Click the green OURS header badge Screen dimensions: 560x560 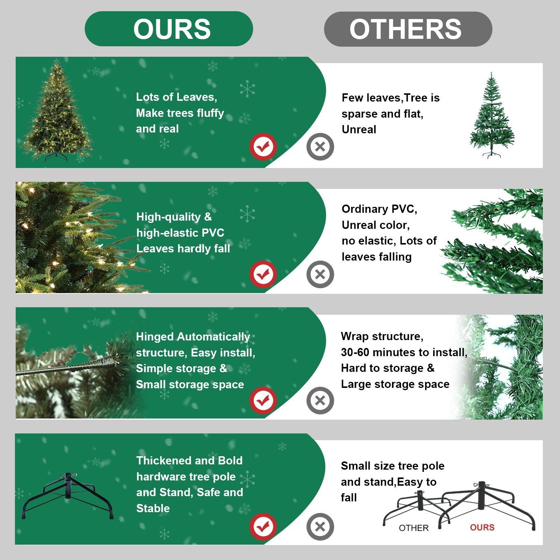[169, 29]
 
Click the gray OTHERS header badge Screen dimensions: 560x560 [408, 29]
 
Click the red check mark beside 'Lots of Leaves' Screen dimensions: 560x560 [263, 147]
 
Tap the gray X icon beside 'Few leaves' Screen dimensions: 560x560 [320, 147]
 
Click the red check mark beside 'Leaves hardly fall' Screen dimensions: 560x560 [263, 274]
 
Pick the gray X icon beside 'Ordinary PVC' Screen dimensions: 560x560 [320, 274]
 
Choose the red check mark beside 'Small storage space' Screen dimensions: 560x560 [263, 401]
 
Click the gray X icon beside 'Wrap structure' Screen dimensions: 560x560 [320, 401]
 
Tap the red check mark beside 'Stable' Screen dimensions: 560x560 [263, 527]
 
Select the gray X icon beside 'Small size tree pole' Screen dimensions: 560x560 [320, 527]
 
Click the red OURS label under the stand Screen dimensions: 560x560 [482, 528]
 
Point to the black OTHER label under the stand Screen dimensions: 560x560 [414, 528]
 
